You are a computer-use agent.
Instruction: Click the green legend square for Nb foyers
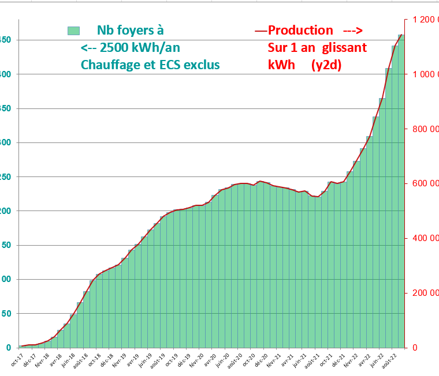73,31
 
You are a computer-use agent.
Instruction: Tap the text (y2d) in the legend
326,65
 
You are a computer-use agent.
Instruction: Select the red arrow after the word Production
352,31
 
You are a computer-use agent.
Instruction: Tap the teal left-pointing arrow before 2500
88,47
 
